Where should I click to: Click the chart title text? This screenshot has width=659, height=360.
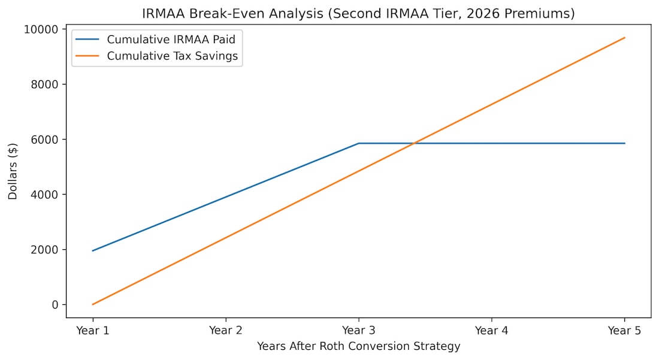[x=358, y=14]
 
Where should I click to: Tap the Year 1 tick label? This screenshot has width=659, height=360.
[x=93, y=329]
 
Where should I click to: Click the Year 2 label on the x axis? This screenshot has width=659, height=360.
[x=226, y=329]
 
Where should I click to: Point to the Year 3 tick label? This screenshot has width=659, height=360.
[x=359, y=329]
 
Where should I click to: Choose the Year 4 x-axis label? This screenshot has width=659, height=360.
[x=492, y=329]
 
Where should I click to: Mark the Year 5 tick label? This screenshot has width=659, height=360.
[x=625, y=329]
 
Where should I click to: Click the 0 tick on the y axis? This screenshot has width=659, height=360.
[x=55, y=305]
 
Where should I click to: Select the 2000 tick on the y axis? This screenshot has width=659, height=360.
[x=46, y=250]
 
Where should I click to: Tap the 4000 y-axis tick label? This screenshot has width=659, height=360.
[x=46, y=195]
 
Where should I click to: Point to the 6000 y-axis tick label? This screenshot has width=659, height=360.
[x=46, y=140]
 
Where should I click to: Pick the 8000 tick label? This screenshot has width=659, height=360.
[x=46, y=84]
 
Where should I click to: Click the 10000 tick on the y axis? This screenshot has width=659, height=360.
[x=44, y=29]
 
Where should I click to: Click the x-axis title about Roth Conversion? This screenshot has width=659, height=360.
[x=358, y=346]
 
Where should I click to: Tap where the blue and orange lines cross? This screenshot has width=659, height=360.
[x=413, y=143]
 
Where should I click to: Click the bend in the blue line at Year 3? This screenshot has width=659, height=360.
[x=359, y=143]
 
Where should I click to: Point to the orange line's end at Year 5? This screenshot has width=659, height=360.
[x=625, y=38]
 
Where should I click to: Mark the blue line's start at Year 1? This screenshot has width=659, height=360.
[x=93, y=251]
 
